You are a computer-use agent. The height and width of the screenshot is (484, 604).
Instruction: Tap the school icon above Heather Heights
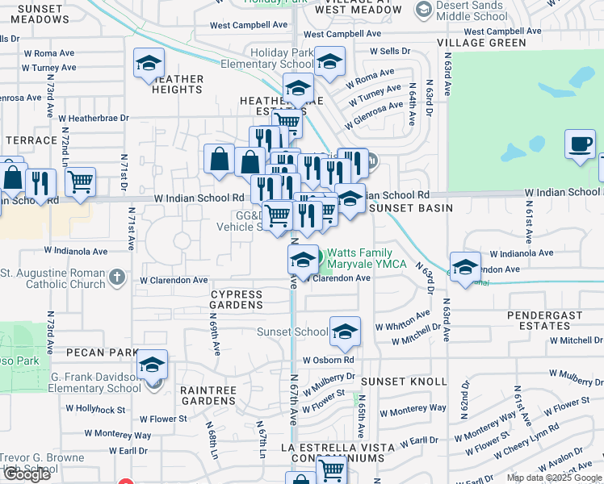(149, 64)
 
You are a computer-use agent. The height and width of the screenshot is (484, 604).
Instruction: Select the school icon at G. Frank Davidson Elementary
(152, 365)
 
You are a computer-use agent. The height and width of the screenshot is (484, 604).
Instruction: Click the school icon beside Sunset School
(345, 332)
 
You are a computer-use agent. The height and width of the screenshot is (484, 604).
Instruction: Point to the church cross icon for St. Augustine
(117, 277)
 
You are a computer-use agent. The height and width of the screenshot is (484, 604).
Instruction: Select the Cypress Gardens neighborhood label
(237, 299)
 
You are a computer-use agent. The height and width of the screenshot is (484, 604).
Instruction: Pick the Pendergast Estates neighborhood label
(545, 319)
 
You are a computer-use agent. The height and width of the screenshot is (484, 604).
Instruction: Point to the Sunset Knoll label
(404, 381)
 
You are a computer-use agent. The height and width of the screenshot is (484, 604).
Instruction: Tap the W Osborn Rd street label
(329, 360)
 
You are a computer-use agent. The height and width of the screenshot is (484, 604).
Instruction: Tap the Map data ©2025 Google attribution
(554, 478)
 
